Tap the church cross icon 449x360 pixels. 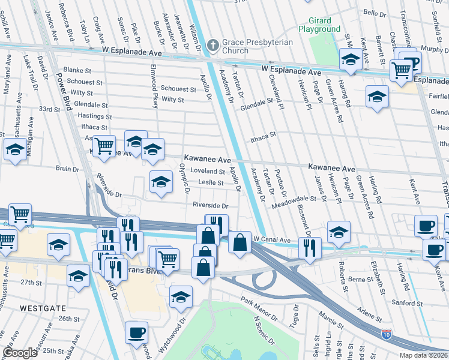(x=212, y=44)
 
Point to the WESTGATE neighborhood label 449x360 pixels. (x=42, y=307)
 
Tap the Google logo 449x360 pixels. (x=20, y=353)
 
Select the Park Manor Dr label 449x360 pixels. (x=259, y=308)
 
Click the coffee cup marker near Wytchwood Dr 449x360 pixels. (x=137, y=332)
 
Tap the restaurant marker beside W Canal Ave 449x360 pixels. (x=309, y=247)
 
